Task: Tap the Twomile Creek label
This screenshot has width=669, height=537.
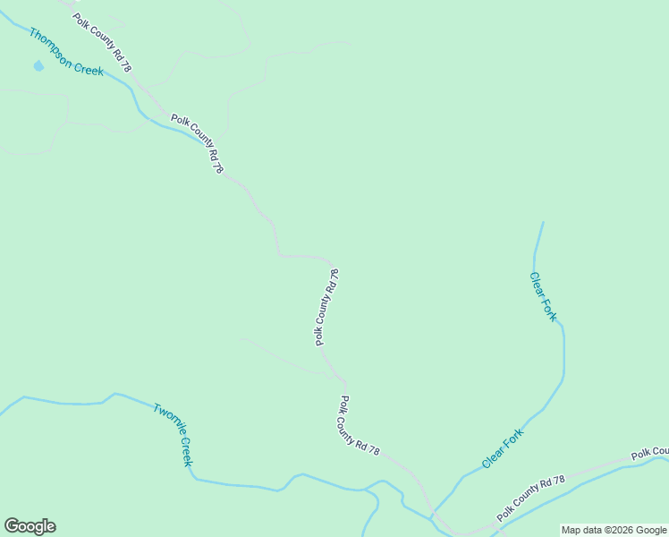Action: coord(173,435)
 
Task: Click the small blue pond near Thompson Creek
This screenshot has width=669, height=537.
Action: coord(38,65)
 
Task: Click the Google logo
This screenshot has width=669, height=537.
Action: coord(30,526)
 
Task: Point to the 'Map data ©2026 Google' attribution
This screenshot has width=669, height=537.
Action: coord(614,530)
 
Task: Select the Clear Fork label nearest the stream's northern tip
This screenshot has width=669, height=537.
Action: coord(543,296)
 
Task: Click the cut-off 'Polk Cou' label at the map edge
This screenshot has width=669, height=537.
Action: coord(649,453)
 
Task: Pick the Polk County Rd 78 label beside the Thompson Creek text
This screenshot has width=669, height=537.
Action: coord(102,42)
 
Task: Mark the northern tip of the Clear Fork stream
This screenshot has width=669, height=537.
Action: coord(543,222)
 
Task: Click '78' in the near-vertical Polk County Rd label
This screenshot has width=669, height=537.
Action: coord(334,275)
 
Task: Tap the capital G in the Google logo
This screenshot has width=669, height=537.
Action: coord(11,526)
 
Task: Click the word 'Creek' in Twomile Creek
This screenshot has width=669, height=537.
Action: coord(184,451)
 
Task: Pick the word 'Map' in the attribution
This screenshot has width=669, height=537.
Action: coord(572,530)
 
